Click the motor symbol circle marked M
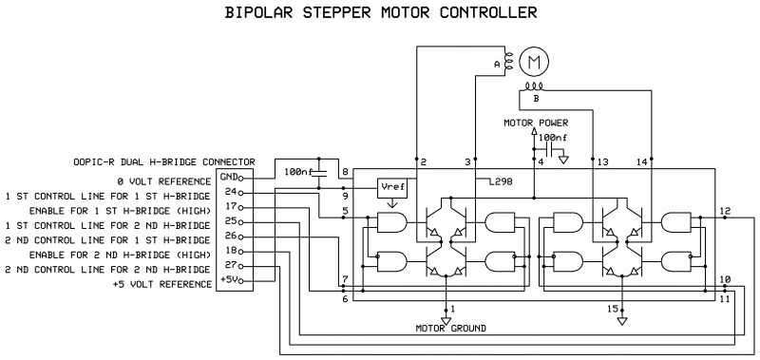534,62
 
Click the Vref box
391,188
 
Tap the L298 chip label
501,182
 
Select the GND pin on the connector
229,178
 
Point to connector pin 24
231,192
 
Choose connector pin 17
231,207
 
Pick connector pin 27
231,265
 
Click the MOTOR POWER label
536,123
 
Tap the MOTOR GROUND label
450,328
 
